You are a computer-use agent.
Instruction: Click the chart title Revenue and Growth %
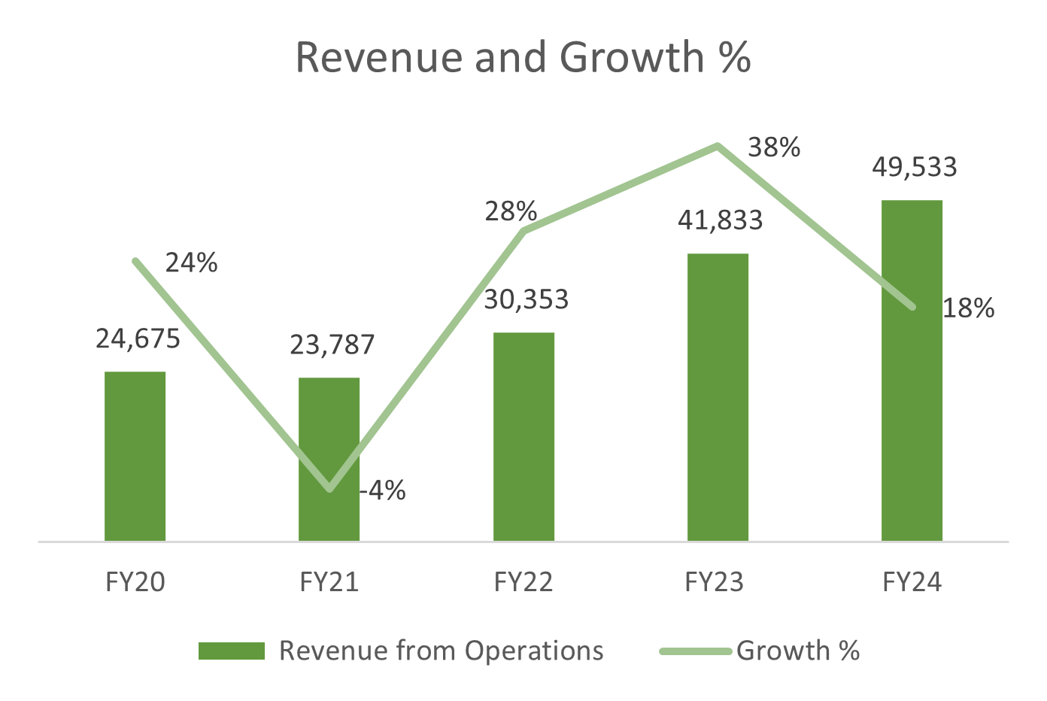[x=523, y=57]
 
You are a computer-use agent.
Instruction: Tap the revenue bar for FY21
[x=329, y=459]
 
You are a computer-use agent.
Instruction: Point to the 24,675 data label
[x=138, y=339]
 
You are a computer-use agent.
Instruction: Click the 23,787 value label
[x=332, y=344]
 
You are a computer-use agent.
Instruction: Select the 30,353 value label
[x=526, y=299]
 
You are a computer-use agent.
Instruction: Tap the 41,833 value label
[x=720, y=220]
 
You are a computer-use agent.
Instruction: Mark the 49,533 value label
[x=914, y=167]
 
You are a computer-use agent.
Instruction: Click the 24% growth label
[x=191, y=262]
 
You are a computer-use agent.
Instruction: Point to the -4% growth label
[x=383, y=491]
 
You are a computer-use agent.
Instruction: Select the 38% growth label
[x=774, y=147]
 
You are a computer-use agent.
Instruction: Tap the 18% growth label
[x=969, y=308]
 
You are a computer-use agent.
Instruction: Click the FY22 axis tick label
[x=523, y=582]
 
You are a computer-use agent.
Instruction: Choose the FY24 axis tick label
[x=912, y=582]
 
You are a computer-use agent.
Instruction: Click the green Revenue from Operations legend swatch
[x=231, y=651]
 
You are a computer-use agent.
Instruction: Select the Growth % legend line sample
[x=695, y=651]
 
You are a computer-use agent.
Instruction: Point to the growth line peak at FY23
[x=718, y=146]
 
